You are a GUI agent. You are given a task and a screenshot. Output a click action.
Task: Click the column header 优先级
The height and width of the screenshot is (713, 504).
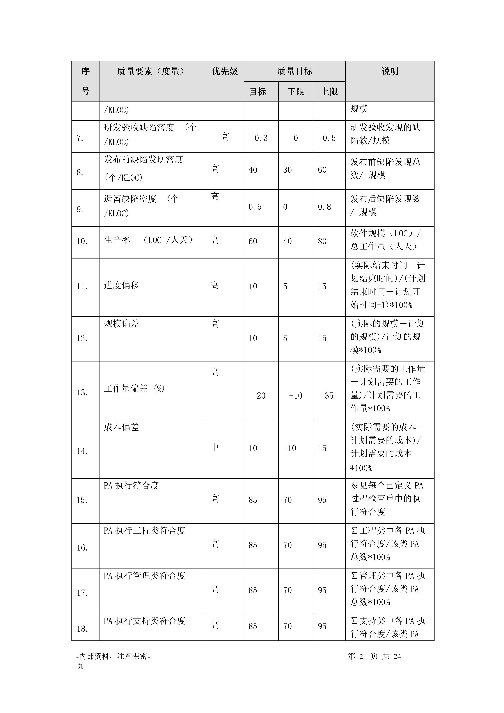point(225,71)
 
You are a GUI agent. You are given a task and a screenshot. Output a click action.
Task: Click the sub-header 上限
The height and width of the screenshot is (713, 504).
point(329,92)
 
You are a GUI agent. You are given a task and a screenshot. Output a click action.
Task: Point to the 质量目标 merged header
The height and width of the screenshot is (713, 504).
point(295,71)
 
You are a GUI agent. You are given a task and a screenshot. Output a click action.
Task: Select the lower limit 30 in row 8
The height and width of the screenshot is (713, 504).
point(287,170)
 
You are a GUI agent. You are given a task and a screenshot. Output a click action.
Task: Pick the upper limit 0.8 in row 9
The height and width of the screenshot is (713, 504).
point(324,207)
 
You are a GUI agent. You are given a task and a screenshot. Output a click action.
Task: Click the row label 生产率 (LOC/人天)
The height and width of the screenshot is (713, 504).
point(148,240)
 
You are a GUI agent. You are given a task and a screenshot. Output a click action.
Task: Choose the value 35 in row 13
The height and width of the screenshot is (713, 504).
point(329,396)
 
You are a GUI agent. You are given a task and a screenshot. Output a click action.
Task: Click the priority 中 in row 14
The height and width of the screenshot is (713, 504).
point(215,447)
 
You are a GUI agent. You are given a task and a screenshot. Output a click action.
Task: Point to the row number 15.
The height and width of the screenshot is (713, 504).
point(82,500)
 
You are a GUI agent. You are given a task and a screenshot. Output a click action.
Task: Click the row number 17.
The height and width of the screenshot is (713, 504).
point(82,593)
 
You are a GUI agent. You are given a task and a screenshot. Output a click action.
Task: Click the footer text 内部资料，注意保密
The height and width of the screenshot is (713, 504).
point(113,656)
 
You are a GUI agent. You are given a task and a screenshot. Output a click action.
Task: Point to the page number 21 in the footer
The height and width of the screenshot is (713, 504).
point(363,656)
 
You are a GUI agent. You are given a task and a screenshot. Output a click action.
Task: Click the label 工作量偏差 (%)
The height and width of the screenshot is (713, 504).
point(134,389)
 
